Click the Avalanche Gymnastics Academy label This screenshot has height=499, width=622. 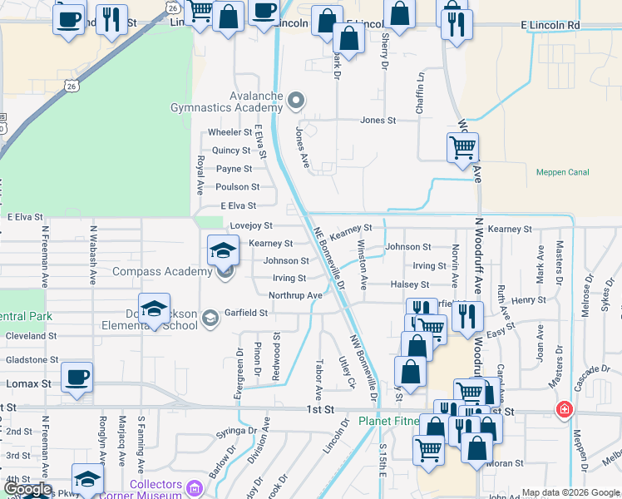coord(226,101)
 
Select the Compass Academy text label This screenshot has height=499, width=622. coord(161,272)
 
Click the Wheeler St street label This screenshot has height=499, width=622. coord(230,132)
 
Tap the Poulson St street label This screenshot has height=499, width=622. coord(238,187)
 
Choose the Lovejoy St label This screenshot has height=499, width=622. coord(251,225)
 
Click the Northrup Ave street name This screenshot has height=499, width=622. coord(295,295)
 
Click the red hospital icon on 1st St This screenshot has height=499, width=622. coord(564,411)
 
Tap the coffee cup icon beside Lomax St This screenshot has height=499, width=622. coord(77,376)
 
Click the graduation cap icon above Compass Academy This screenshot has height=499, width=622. coord(223,249)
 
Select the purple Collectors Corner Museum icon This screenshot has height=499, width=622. coord(195,487)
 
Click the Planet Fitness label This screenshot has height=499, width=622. coord(388,422)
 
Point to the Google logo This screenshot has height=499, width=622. coord(27,490)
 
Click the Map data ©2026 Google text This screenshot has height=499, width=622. coord(570,492)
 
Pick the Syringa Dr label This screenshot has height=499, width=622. coord(235,430)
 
